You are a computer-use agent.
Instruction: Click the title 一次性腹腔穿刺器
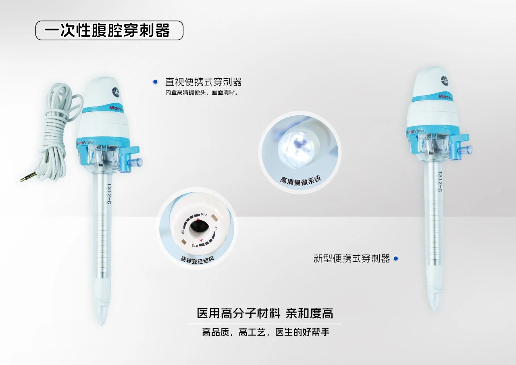pyautogui.click(x=107, y=30)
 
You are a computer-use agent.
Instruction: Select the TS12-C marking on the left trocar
pyautogui.click(x=109, y=194)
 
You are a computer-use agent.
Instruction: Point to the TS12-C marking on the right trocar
pyautogui.click(x=439, y=181)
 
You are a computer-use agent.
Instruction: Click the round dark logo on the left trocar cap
pyautogui.click(x=116, y=90)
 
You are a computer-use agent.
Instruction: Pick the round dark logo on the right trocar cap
pyautogui.click(x=445, y=80)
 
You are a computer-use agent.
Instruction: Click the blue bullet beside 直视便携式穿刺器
pyautogui.click(x=156, y=82)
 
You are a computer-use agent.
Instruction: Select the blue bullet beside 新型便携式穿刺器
pyautogui.click(x=396, y=259)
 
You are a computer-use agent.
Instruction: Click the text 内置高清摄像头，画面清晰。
pyautogui.click(x=202, y=93)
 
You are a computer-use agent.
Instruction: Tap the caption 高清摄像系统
pyautogui.click(x=300, y=181)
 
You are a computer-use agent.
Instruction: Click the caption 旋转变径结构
pyautogui.click(x=197, y=260)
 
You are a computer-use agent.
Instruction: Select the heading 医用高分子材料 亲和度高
pyautogui.click(x=265, y=313)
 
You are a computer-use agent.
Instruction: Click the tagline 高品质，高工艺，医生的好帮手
pyautogui.click(x=265, y=332)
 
